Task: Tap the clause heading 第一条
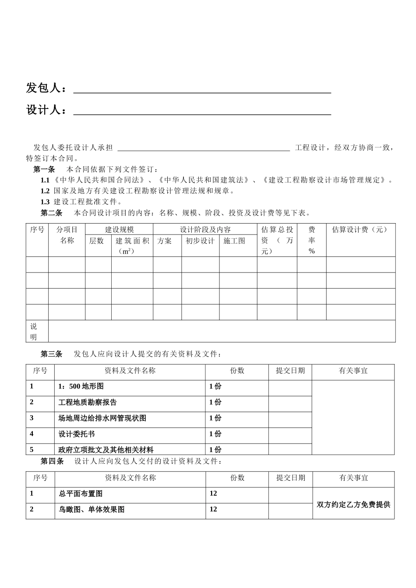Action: point(44,169)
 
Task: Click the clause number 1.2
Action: point(45,191)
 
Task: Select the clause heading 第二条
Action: point(52,213)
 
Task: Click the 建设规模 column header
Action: point(119,230)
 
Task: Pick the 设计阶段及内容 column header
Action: point(205,230)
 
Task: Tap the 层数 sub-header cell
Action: point(96,241)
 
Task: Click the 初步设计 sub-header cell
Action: point(200,241)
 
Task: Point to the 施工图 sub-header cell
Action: point(234,241)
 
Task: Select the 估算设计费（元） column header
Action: point(360,230)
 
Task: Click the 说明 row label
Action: point(34,332)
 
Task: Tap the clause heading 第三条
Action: point(52,354)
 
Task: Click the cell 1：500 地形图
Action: point(81,387)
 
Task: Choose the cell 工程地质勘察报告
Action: point(88,402)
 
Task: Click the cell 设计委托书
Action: point(77,434)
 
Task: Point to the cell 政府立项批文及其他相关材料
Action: point(106,450)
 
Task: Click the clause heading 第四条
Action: point(52,461)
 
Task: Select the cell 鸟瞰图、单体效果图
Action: point(92,509)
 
